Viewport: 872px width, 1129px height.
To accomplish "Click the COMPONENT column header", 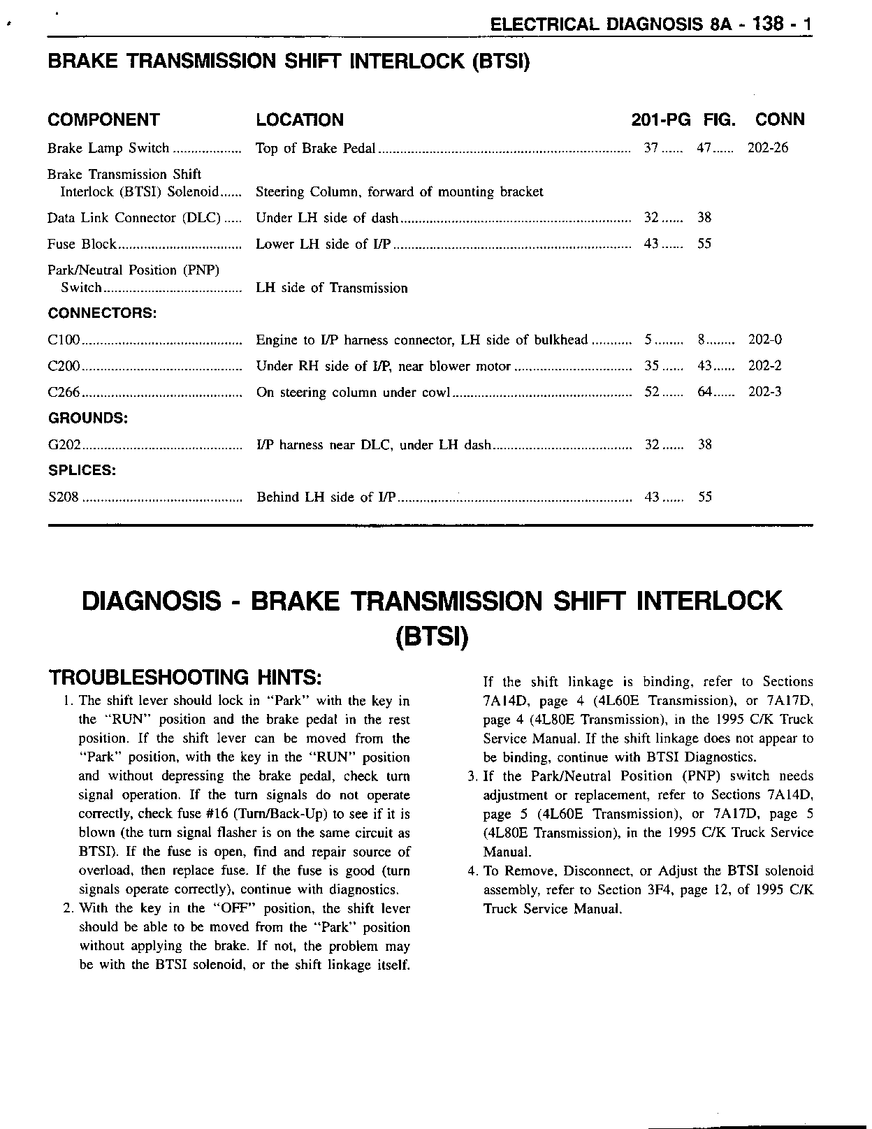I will click(x=103, y=120).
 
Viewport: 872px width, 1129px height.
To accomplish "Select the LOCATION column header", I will click(x=300, y=120).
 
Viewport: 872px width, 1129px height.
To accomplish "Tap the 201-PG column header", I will click(x=660, y=120).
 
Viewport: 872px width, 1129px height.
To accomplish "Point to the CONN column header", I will click(x=780, y=120).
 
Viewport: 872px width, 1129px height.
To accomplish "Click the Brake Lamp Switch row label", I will click(x=108, y=148).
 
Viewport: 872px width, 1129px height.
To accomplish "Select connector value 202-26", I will click(x=768, y=148).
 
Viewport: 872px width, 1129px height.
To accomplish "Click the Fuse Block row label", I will click(x=82, y=244).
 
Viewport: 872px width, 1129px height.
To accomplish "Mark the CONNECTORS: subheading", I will click(x=102, y=313).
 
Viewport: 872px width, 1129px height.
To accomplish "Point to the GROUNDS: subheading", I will click(x=87, y=418).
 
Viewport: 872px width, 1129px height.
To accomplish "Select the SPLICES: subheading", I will click(x=82, y=470).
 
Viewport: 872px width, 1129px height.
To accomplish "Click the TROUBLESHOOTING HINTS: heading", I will click(x=184, y=677).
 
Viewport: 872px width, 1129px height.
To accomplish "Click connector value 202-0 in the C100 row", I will click(x=765, y=340).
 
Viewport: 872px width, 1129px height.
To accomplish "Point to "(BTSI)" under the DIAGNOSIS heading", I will click(x=431, y=636).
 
